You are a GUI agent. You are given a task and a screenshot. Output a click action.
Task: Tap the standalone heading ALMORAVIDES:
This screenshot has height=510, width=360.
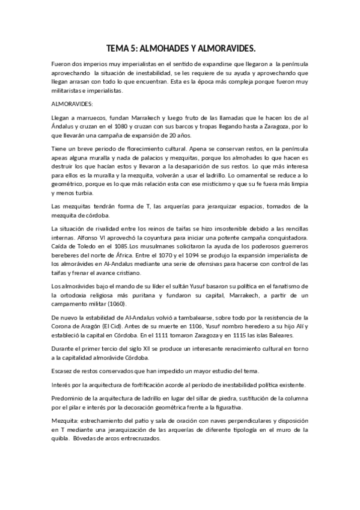pyautogui.click(x=72, y=103)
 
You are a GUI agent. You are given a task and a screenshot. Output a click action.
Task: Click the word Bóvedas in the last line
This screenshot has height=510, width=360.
pyautogui.click(x=83, y=438)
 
